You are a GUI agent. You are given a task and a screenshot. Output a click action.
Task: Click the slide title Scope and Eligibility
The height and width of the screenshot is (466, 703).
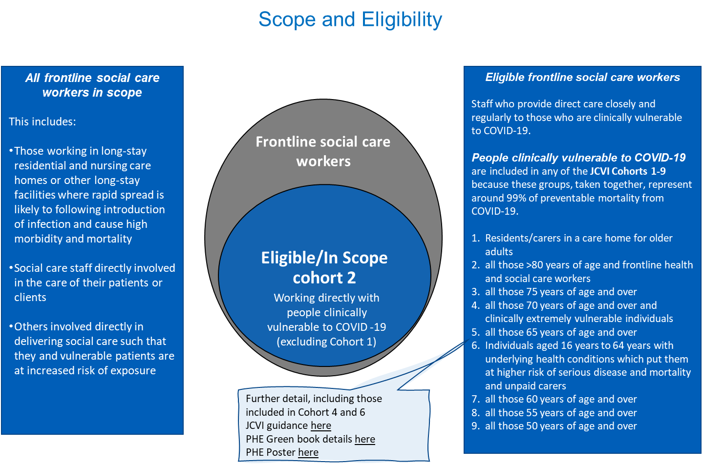350,20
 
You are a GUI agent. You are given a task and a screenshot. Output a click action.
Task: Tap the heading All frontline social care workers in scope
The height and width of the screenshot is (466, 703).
92,85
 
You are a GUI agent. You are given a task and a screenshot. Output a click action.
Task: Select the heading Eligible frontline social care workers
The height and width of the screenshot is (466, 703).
582,77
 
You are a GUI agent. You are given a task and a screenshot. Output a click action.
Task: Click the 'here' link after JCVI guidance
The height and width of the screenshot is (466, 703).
320,425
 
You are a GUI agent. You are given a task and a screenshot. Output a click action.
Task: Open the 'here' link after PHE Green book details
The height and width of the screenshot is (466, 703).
364,439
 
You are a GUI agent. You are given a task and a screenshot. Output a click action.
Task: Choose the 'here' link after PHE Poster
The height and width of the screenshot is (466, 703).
308,452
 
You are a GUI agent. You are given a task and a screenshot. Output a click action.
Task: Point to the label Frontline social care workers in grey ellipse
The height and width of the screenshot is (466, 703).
323,151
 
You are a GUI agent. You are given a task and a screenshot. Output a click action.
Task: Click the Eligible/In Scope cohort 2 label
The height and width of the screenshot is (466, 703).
324,267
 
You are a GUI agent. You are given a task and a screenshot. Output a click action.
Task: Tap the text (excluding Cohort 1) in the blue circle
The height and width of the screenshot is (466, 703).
326,342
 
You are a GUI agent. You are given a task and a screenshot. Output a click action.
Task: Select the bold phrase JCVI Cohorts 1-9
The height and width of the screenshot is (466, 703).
627,171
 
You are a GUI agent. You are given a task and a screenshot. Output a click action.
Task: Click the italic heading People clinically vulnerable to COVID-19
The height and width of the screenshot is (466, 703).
578,158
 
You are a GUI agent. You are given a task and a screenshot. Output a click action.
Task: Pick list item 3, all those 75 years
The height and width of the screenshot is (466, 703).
560,292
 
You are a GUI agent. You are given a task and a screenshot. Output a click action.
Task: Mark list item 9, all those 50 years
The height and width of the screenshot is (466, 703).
560,426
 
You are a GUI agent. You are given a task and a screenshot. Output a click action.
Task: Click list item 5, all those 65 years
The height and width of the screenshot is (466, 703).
560,332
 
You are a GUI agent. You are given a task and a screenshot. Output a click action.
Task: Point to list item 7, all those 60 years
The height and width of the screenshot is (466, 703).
560,399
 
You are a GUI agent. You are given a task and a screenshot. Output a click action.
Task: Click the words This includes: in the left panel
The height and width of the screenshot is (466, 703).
43,122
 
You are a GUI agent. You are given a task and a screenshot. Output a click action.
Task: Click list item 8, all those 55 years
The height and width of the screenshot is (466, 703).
560,413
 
